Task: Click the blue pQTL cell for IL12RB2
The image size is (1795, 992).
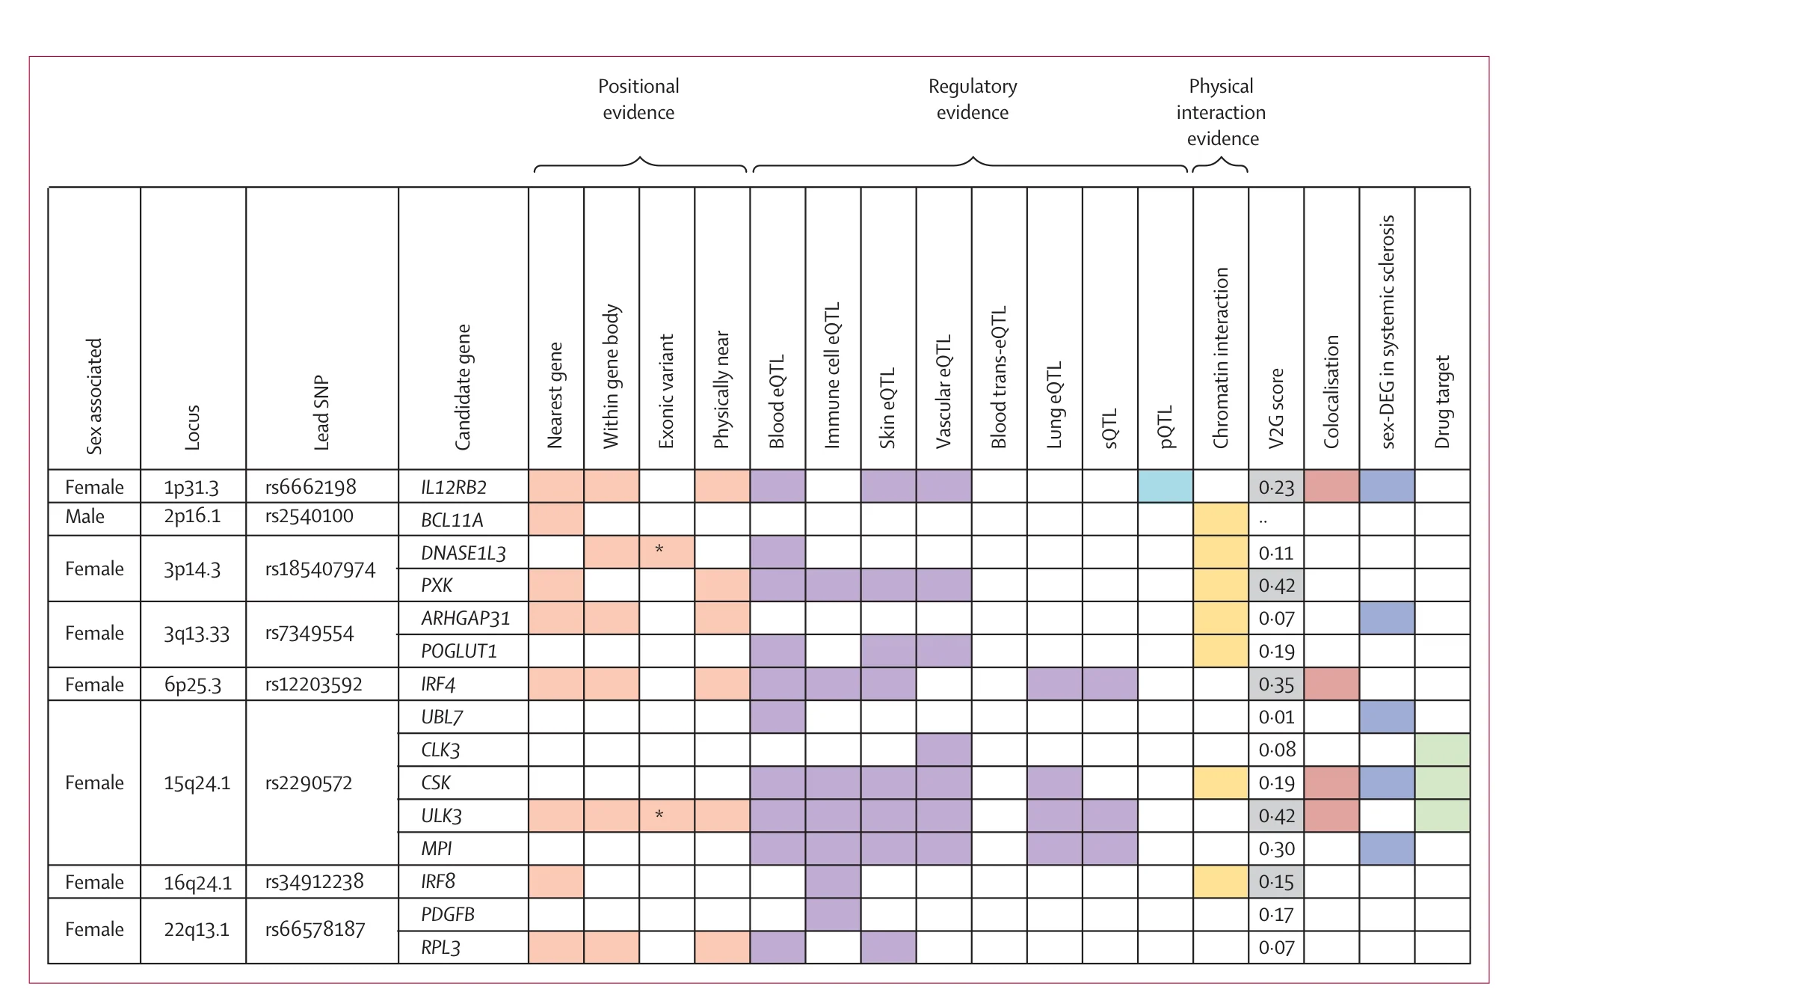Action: point(1166,486)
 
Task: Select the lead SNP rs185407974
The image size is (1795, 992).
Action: point(320,569)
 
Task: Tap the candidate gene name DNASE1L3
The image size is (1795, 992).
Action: point(464,553)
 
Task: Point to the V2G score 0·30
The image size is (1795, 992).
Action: point(1276,849)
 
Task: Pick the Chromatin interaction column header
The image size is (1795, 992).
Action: point(1221,358)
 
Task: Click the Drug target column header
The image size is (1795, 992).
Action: point(1442,402)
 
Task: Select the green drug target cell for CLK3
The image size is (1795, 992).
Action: point(1443,750)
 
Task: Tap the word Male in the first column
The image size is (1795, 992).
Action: point(84,516)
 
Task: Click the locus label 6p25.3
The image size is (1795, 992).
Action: point(193,685)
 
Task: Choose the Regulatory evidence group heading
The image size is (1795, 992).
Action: point(973,99)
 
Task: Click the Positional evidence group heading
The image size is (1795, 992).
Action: point(638,99)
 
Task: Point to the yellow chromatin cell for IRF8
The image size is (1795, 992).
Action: point(1221,881)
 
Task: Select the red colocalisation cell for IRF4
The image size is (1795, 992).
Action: point(1331,684)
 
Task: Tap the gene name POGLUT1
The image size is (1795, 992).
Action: point(459,651)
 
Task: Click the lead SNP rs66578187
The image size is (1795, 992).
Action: point(315,929)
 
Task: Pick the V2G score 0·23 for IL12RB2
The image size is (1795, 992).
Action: point(1276,487)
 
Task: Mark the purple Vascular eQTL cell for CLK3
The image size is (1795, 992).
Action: point(944,750)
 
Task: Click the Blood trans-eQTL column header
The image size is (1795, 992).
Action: point(1000,377)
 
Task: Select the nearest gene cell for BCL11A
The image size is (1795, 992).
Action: point(556,519)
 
